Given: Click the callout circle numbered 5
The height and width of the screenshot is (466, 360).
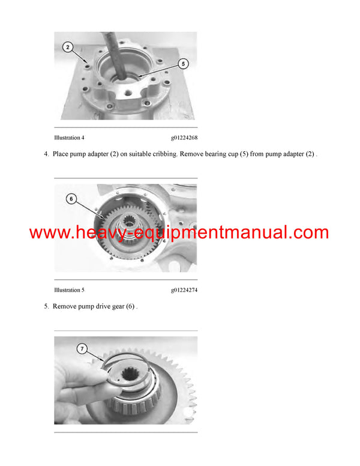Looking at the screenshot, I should (184, 62).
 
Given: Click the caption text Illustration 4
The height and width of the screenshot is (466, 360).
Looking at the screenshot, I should (69, 138).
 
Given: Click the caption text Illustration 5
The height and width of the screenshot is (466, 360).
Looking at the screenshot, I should (69, 290).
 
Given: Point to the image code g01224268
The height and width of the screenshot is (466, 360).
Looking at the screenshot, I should (184, 138).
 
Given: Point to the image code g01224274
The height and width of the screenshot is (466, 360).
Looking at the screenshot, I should (184, 290).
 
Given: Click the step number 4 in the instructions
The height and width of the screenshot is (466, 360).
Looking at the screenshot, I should (46, 154).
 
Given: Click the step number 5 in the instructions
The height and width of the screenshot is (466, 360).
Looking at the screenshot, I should (46, 306).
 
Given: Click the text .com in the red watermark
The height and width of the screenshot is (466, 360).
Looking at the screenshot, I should (307, 233).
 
